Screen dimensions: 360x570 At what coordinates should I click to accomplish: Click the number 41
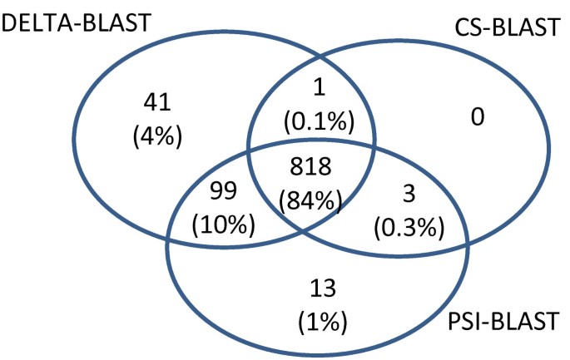156,102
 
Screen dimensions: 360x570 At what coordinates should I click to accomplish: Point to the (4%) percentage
156,132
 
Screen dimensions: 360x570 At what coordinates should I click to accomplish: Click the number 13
323,289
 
